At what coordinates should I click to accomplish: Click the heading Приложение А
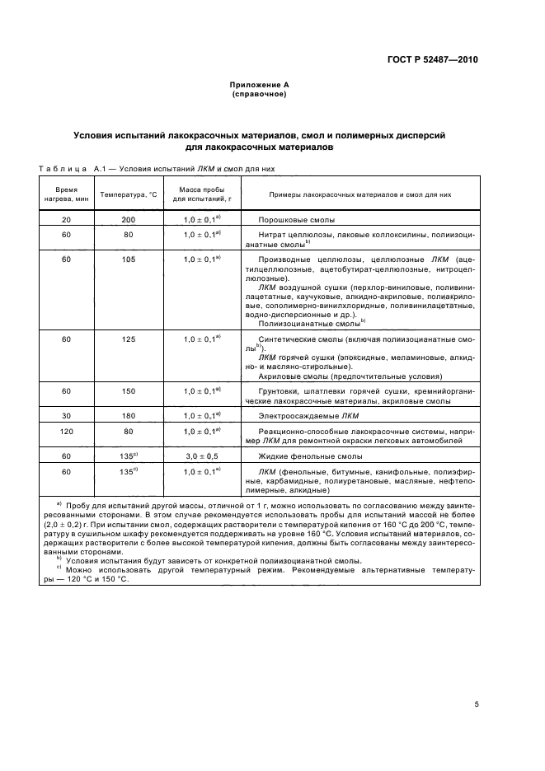(x=259, y=85)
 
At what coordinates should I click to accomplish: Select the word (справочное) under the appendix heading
(x=259, y=94)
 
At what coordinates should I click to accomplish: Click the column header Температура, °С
(x=129, y=194)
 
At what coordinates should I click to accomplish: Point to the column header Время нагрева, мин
(x=67, y=194)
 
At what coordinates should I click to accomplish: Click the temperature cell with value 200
(x=128, y=221)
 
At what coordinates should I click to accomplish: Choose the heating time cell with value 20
(x=67, y=221)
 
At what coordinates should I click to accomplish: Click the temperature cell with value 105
(x=128, y=259)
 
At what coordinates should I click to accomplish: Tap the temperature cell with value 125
(x=128, y=339)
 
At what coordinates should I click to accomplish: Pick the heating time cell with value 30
(x=67, y=415)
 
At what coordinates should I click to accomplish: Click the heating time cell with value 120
(x=67, y=431)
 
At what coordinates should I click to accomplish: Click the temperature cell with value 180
(x=128, y=415)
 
